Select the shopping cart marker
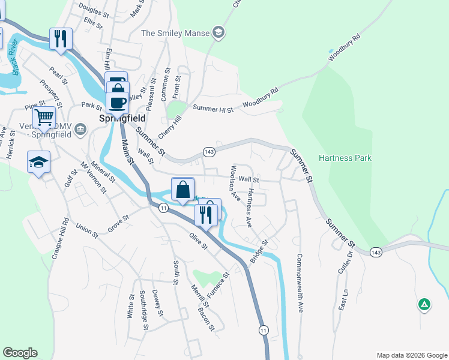tap(44, 116)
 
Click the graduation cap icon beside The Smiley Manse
tap(218, 32)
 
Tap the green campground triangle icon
tap(424, 304)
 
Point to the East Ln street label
tap(344, 298)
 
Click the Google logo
tap(20, 353)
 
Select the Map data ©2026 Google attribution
tap(412, 355)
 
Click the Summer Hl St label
tap(213, 109)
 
